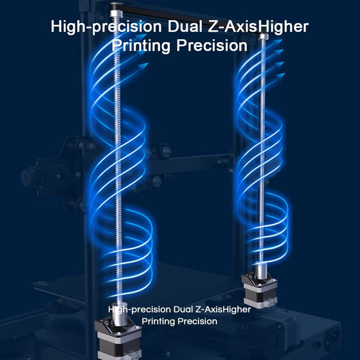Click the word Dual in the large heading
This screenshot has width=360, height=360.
(184, 27)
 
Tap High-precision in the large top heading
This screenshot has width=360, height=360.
(106, 27)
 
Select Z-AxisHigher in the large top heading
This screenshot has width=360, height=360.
(258, 27)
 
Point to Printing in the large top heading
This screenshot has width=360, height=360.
(141, 45)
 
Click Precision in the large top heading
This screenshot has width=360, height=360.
(212, 45)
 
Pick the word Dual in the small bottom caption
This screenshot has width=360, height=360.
(183, 309)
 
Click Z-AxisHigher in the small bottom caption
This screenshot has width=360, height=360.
(223, 310)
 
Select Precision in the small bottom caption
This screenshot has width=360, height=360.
(198, 321)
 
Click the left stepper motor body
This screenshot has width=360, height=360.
(119, 340)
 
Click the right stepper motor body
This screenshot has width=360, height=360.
(260, 290)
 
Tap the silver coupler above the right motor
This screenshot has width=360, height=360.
(261, 271)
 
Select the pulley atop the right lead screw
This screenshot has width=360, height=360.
(263, 37)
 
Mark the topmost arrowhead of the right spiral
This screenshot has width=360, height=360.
(278, 42)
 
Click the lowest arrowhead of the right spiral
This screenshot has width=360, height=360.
(280, 75)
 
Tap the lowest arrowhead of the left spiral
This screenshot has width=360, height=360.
(144, 65)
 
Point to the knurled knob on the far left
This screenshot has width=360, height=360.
(29, 177)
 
